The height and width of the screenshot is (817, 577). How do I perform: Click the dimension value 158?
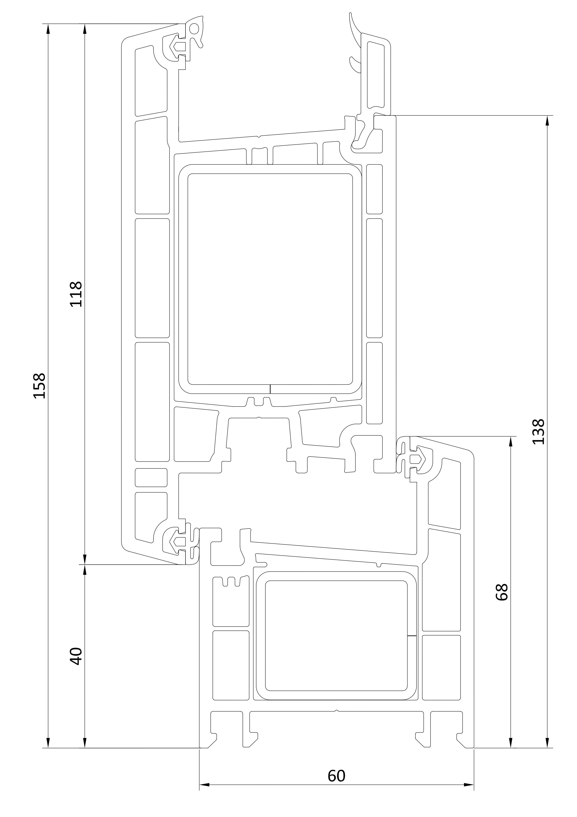coord(39,386)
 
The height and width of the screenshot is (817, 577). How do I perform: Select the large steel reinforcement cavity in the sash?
coord(270,279)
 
